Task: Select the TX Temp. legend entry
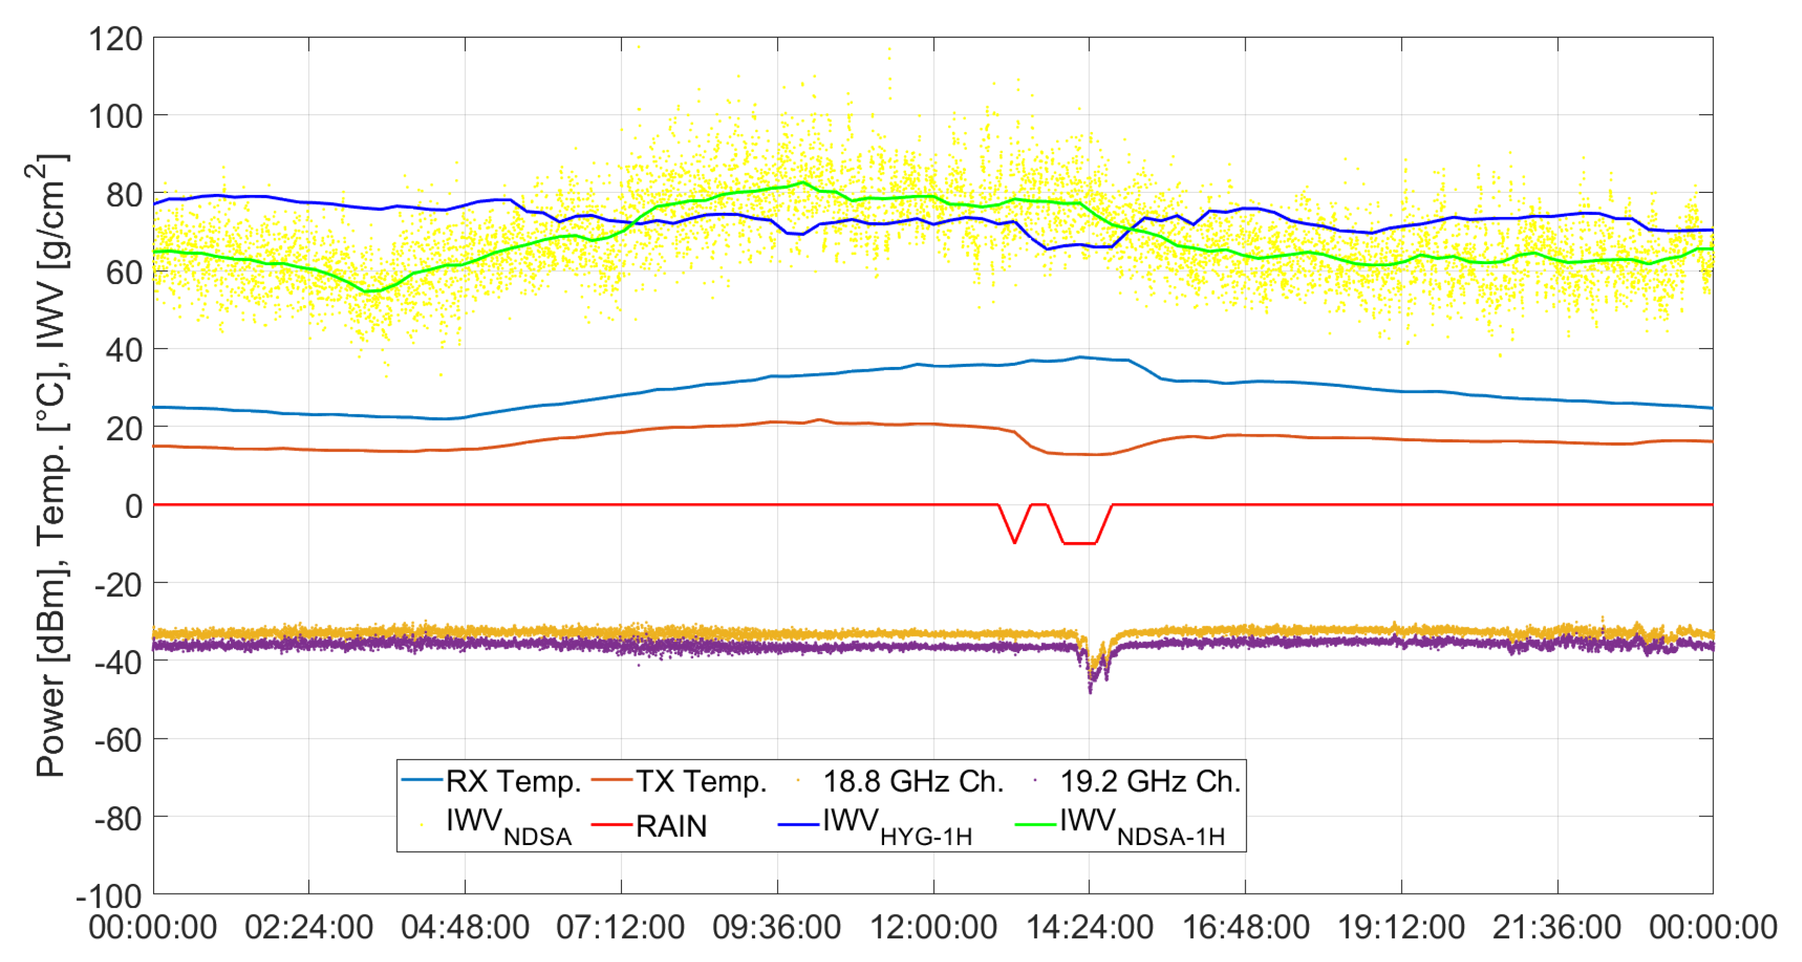tap(701, 781)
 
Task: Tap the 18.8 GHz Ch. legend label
tap(913, 781)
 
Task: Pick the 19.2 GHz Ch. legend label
tap(1150, 781)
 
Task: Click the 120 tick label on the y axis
tap(115, 39)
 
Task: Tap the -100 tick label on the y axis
tap(109, 896)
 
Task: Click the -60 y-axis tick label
tap(118, 740)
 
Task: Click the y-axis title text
tap(50, 465)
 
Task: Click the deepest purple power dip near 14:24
tap(1090, 689)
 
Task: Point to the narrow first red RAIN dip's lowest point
tap(1014, 543)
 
